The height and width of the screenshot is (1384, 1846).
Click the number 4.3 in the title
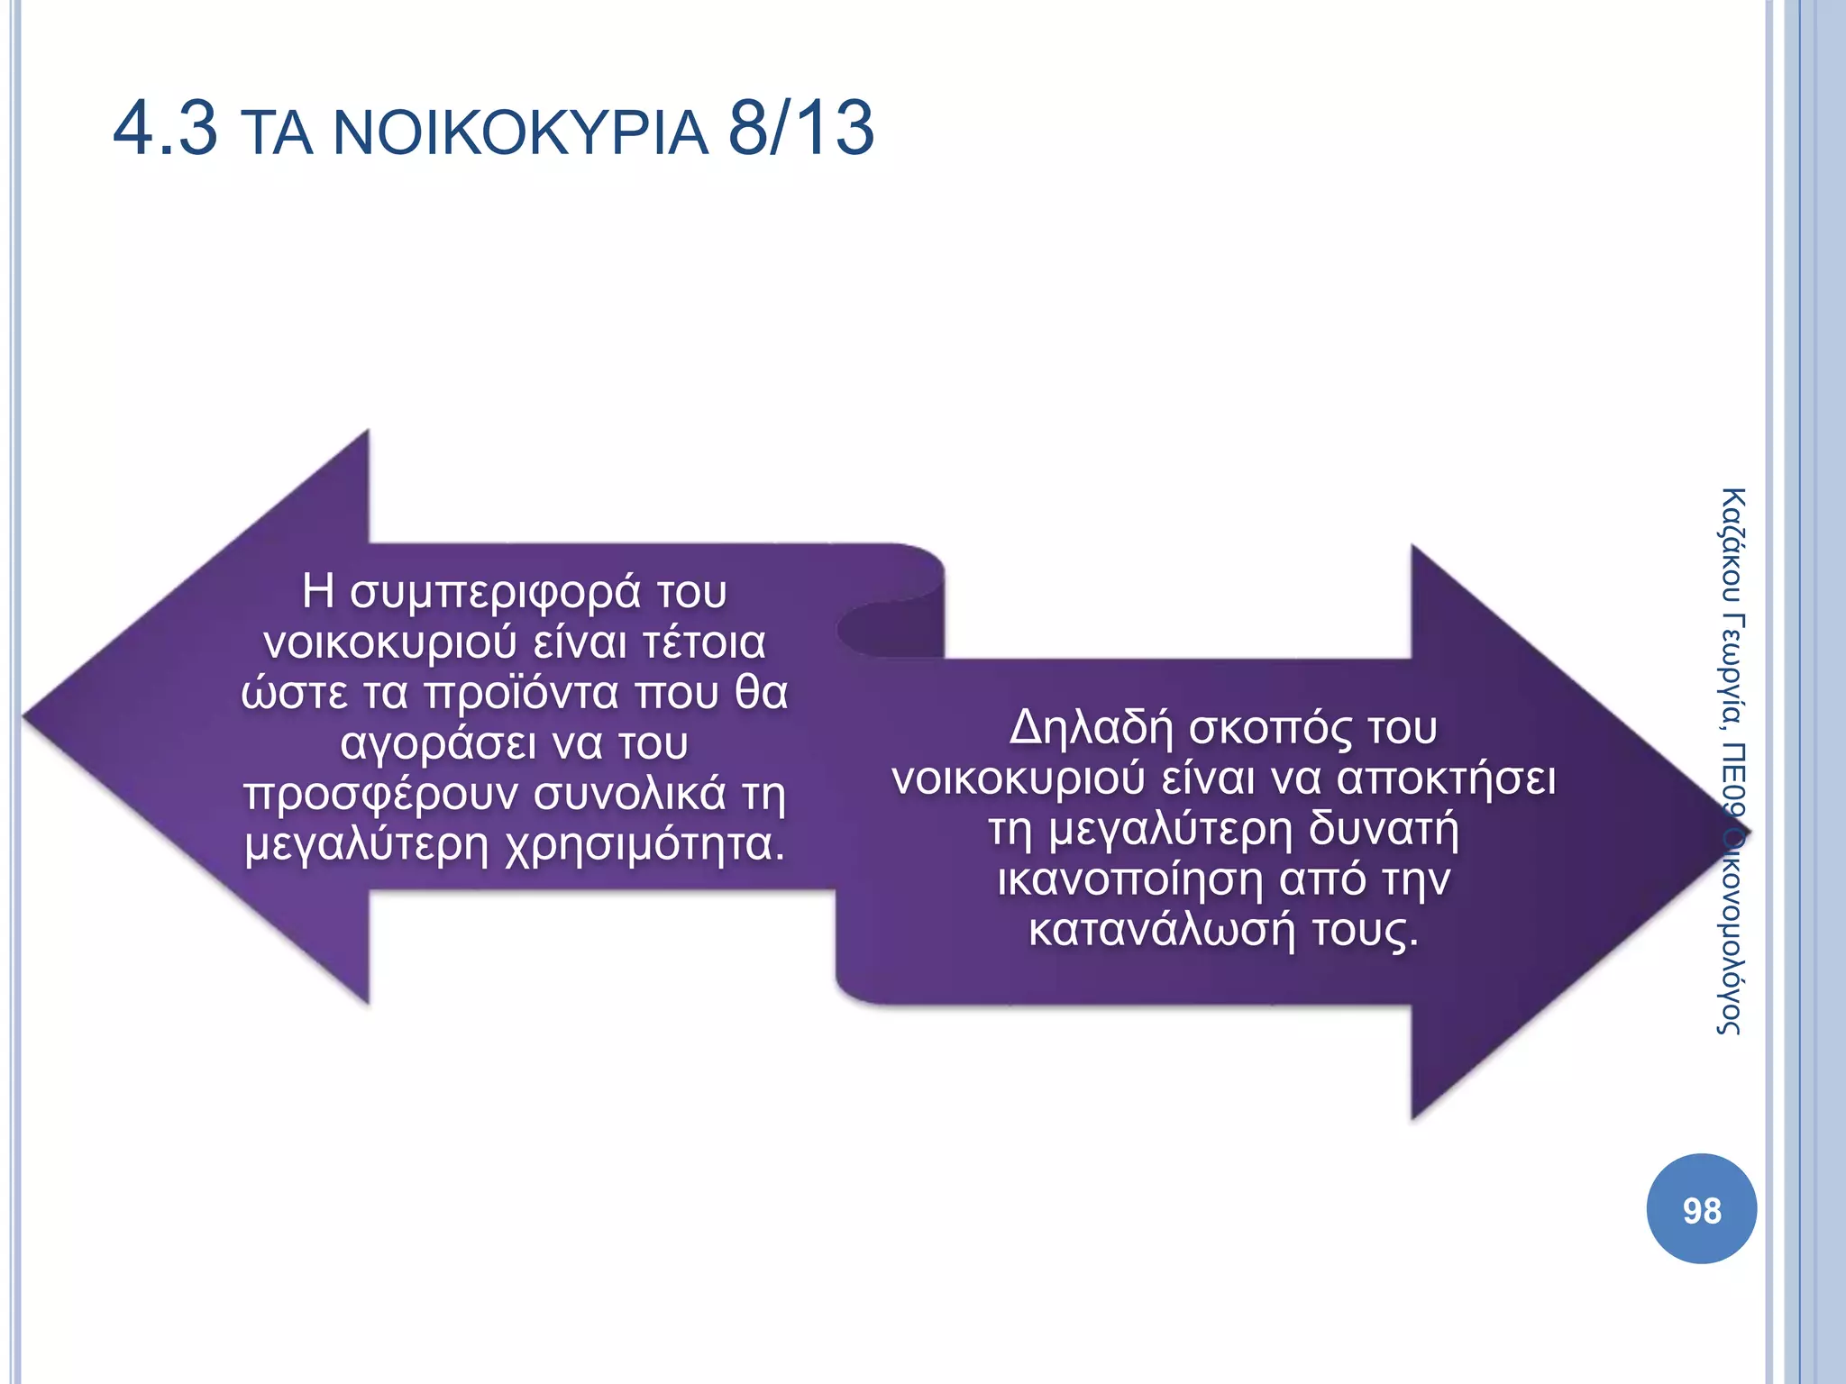click(x=165, y=129)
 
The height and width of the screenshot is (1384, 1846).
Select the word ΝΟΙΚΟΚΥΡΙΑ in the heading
click(x=521, y=132)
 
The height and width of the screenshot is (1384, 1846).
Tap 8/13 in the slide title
click(x=800, y=129)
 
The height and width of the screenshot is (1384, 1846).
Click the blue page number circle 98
click(x=1701, y=1209)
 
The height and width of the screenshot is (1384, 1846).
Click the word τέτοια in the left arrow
click(x=704, y=643)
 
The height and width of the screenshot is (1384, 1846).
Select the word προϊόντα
click(x=521, y=694)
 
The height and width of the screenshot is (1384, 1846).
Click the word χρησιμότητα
click(x=644, y=845)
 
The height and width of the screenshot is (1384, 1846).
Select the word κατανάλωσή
click(x=1163, y=930)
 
